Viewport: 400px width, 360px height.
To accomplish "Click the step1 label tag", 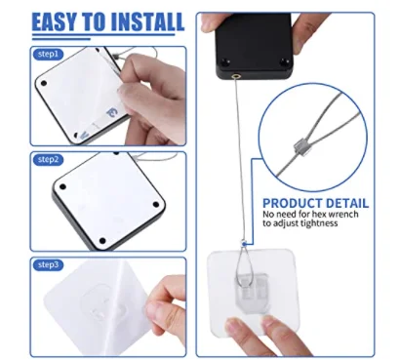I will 48,57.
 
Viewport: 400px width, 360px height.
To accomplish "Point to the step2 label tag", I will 48,158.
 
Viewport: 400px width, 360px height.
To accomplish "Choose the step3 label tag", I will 48,264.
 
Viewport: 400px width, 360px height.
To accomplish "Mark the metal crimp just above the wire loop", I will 243,245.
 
